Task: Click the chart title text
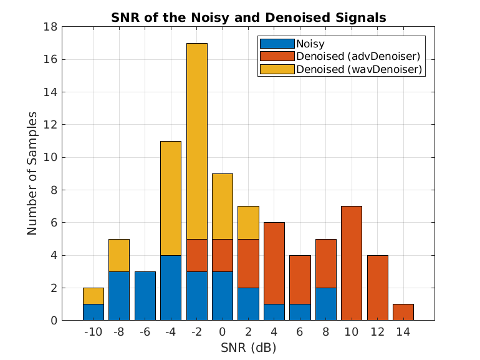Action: coord(248,17)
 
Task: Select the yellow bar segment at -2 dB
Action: coord(196,141)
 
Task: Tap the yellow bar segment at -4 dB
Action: coord(171,198)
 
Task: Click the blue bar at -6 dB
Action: coord(145,296)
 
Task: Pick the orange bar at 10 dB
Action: coord(352,263)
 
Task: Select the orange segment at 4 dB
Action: coord(274,263)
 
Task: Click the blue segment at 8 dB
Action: coord(326,304)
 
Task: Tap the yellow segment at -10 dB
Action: coord(94,296)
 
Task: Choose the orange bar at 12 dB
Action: coord(377,288)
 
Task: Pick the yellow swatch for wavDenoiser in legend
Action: coord(277,70)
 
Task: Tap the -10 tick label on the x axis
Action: coord(93,333)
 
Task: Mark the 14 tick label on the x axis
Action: coord(403,333)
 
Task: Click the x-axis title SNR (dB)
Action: coord(248,347)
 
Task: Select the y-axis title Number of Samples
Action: coord(32,173)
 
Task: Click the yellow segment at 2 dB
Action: coord(248,223)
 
